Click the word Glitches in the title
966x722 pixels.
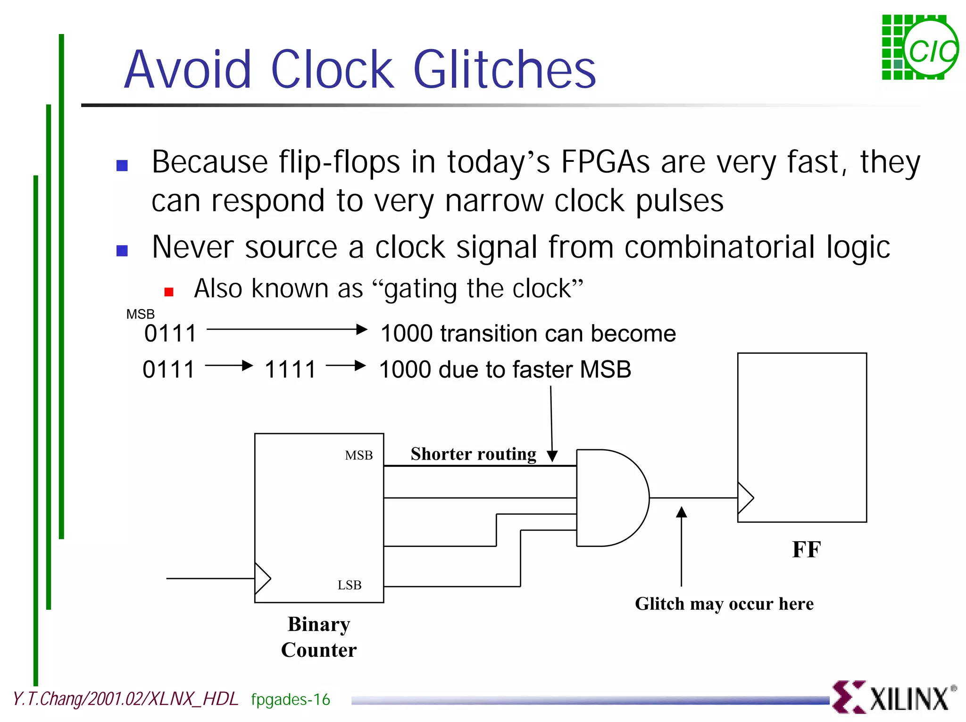[504, 70]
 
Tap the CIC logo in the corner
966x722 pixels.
[919, 48]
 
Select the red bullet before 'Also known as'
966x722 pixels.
[169, 292]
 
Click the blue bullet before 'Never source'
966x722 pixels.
[122, 251]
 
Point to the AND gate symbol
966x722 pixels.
[611, 498]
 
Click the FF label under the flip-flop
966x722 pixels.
[806, 549]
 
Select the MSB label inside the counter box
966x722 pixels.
[358, 455]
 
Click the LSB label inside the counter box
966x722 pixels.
[350, 585]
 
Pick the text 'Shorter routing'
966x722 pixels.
[473, 454]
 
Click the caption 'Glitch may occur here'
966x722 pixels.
[724, 604]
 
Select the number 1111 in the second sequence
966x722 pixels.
[290, 369]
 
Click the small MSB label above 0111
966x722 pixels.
[140, 314]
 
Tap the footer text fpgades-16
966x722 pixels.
[291, 699]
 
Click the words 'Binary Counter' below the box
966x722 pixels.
[319, 637]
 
